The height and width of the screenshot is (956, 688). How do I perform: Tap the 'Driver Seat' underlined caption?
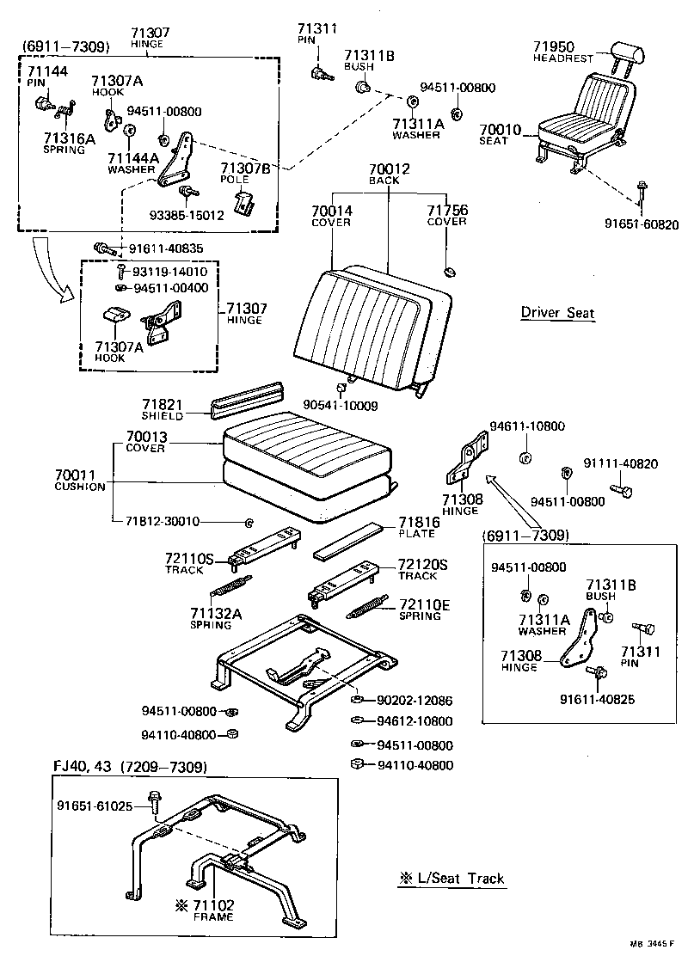[x=557, y=312]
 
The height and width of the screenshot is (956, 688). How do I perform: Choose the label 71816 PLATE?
[x=418, y=527]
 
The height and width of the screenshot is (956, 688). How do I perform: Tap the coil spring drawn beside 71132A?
[x=231, y=590]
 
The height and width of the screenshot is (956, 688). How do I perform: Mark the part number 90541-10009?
[x=340, y=404]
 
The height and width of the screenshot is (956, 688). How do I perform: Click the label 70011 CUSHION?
[x=79, y=480]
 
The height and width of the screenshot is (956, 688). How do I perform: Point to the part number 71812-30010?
[x=162, y=521]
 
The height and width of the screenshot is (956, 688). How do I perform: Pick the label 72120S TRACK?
[x=422, y=569]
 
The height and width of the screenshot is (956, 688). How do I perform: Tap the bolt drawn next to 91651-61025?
[x=155, y=802]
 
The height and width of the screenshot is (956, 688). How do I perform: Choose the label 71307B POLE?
[x=245, y=174]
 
